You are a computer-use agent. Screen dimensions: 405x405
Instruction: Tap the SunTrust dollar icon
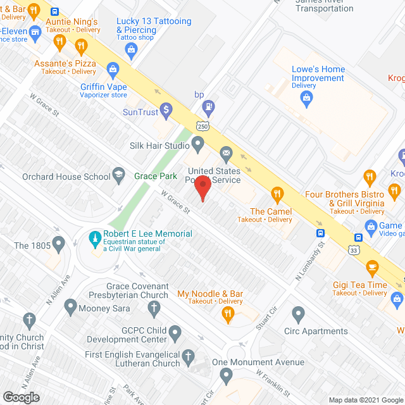[x=166, y=111]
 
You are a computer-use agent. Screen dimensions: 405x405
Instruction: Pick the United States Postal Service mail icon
[x=226, y=153]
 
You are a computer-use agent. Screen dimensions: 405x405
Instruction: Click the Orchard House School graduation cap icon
[x=118, y=175]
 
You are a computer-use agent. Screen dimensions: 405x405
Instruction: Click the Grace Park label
[x=155, y=176]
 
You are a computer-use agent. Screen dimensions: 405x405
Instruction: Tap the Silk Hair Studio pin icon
[x=197, y=145]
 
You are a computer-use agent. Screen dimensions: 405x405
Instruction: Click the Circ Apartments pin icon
[x=299, y=313]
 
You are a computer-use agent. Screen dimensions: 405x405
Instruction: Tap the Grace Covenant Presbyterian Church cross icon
[x=154, y=308]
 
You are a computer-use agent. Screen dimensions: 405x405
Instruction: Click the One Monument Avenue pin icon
[x=227, y=377]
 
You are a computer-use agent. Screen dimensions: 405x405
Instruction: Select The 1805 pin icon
[x=59, y=243]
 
